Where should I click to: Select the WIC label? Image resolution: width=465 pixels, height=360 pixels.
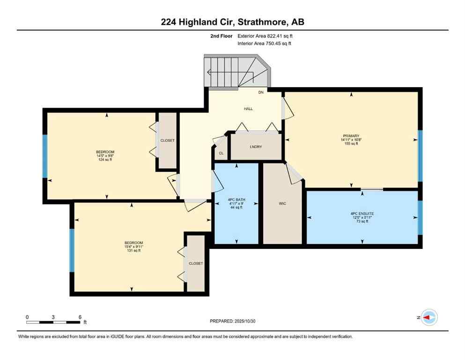click(282, 203)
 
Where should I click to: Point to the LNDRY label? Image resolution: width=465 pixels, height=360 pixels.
click(256, 147)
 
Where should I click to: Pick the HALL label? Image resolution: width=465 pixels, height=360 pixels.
click(248, 109)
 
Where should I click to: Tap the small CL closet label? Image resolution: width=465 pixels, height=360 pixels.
click(221, 153)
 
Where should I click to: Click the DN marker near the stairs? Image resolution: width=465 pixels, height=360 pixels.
click(261, 93)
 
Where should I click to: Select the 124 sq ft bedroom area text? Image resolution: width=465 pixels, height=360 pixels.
click(105, 160)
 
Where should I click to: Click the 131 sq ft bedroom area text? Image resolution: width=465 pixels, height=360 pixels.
click(133, 251)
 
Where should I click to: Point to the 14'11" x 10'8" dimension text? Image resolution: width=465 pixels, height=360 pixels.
click(351, 139)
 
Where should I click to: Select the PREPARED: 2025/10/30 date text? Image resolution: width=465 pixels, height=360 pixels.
click(233, 321)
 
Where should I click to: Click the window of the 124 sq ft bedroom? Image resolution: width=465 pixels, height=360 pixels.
click(45, 157)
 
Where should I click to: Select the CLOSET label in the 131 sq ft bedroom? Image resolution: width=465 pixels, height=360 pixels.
click(196, 263)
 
